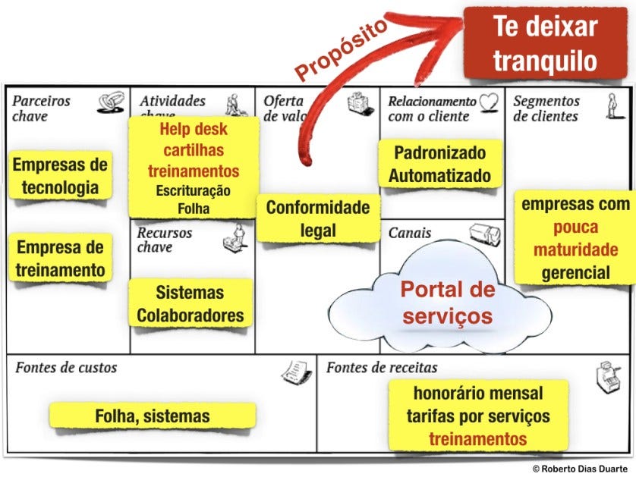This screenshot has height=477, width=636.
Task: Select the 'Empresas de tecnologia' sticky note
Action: [x=60, y=176]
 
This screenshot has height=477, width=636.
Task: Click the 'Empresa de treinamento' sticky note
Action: [x=60, y=258]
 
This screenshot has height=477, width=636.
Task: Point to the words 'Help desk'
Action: [x=193, y=129]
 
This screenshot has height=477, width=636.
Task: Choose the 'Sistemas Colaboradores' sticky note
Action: [x=190, y=304]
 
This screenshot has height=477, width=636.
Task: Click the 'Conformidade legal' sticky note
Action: [x=318, y=218]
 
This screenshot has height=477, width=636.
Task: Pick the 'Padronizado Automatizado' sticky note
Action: [x=440, y=165]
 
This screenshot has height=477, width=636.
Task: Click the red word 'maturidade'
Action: [x=575, y=250]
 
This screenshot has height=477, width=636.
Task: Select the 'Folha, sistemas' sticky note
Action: [x=153, y=416]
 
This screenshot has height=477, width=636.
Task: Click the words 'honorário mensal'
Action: [x=478, y=394]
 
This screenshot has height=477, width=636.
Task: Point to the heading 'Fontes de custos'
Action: [x=66, y=368]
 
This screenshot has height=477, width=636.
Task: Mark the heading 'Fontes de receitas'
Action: [x=382, y=368]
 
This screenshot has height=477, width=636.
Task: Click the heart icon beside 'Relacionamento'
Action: [x=490, y=102]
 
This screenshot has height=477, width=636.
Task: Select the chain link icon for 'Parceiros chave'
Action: [x=111, y=102]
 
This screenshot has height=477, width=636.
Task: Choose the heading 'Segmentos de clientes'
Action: [x=546, y=108]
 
